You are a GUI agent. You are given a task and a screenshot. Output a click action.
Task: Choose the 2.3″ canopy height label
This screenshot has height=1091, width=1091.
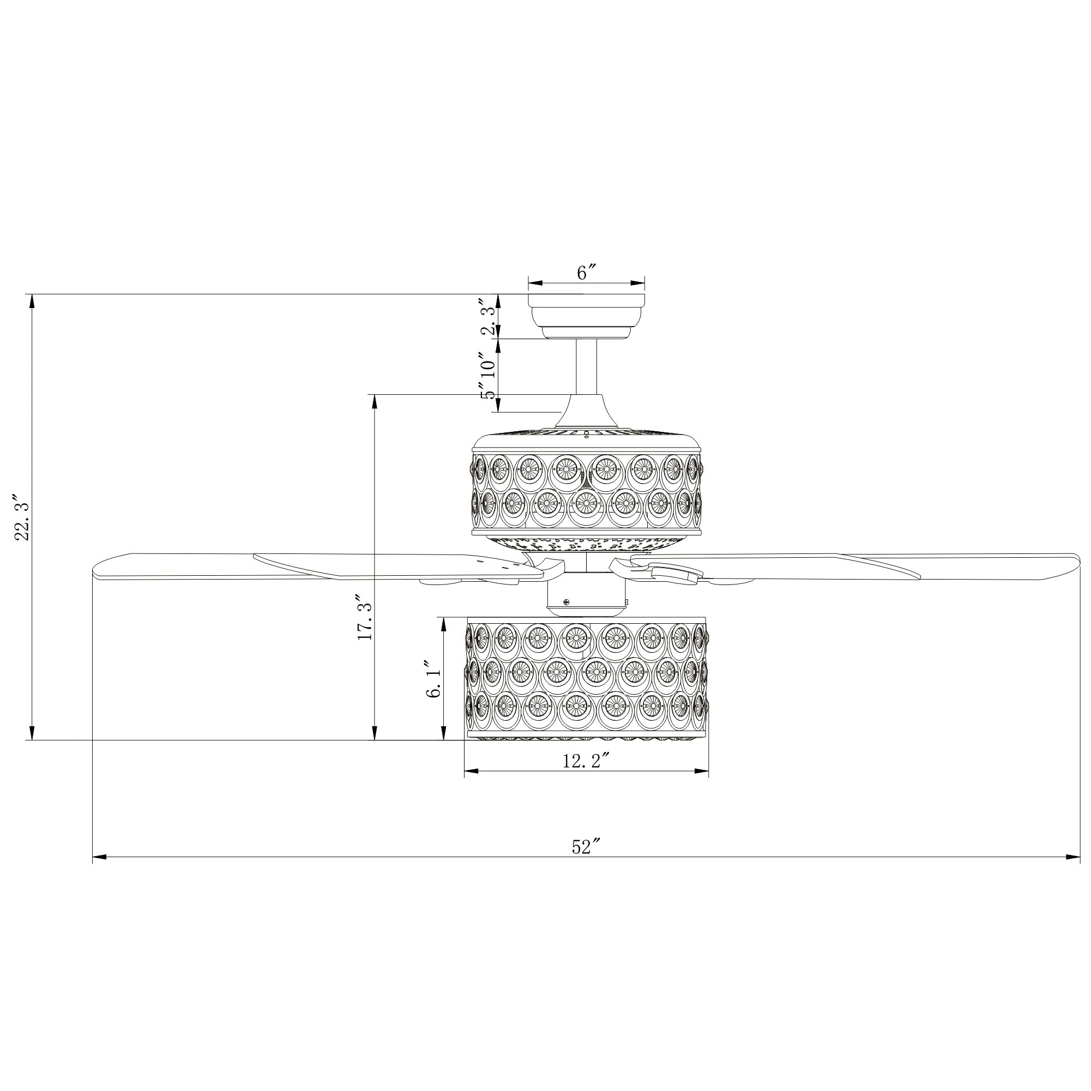click(x=490, y=317)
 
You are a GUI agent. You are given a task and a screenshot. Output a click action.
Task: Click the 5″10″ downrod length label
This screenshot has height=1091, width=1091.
click(x=489, y=376)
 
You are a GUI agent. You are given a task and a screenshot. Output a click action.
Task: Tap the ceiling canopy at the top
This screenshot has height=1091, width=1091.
click(x=586, y=316)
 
